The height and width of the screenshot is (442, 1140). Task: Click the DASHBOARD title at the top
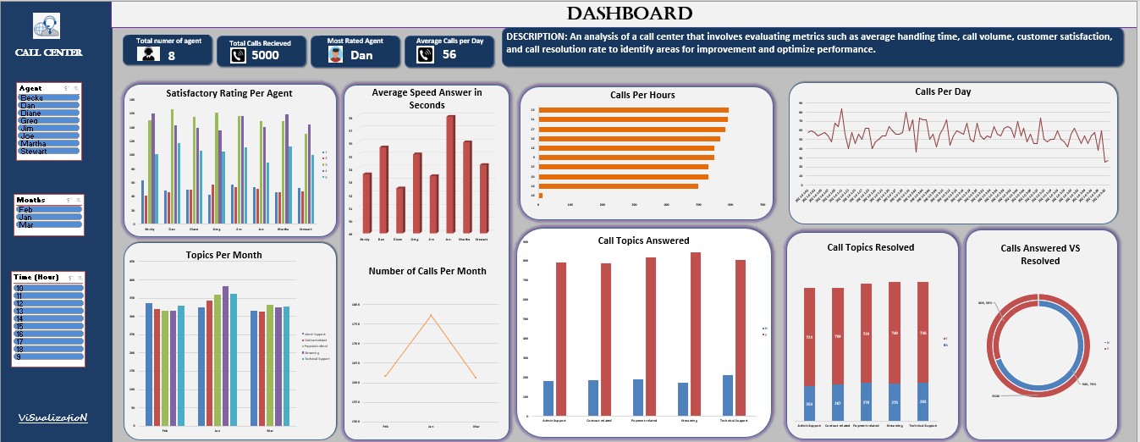click(x=629, y=14)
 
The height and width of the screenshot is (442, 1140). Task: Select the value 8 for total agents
click(x=172, y=56)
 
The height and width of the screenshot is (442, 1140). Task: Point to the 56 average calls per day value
click(x=449, y=54)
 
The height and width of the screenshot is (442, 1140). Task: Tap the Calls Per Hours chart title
click(x=642, y=95)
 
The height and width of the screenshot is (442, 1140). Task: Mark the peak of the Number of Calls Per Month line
click(x=432, y=315)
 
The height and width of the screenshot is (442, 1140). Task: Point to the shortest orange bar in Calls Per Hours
click(x=540, y=196)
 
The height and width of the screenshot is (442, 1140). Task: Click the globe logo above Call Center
click(x=47, y=27)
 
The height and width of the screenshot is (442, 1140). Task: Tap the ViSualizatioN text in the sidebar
click(x=53, y=418)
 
